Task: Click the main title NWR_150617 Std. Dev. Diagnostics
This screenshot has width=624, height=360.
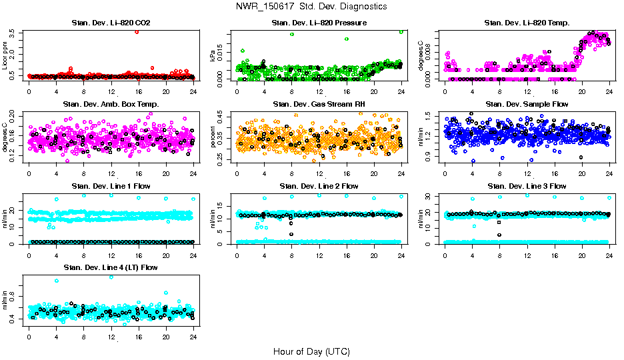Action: (311, 6)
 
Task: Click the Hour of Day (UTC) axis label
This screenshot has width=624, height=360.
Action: (311, 351)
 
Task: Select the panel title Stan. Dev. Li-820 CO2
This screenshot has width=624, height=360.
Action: (111, 23)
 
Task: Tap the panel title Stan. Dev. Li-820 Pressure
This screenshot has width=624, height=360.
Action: (319, 23)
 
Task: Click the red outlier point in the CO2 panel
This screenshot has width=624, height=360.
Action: (137, 31)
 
